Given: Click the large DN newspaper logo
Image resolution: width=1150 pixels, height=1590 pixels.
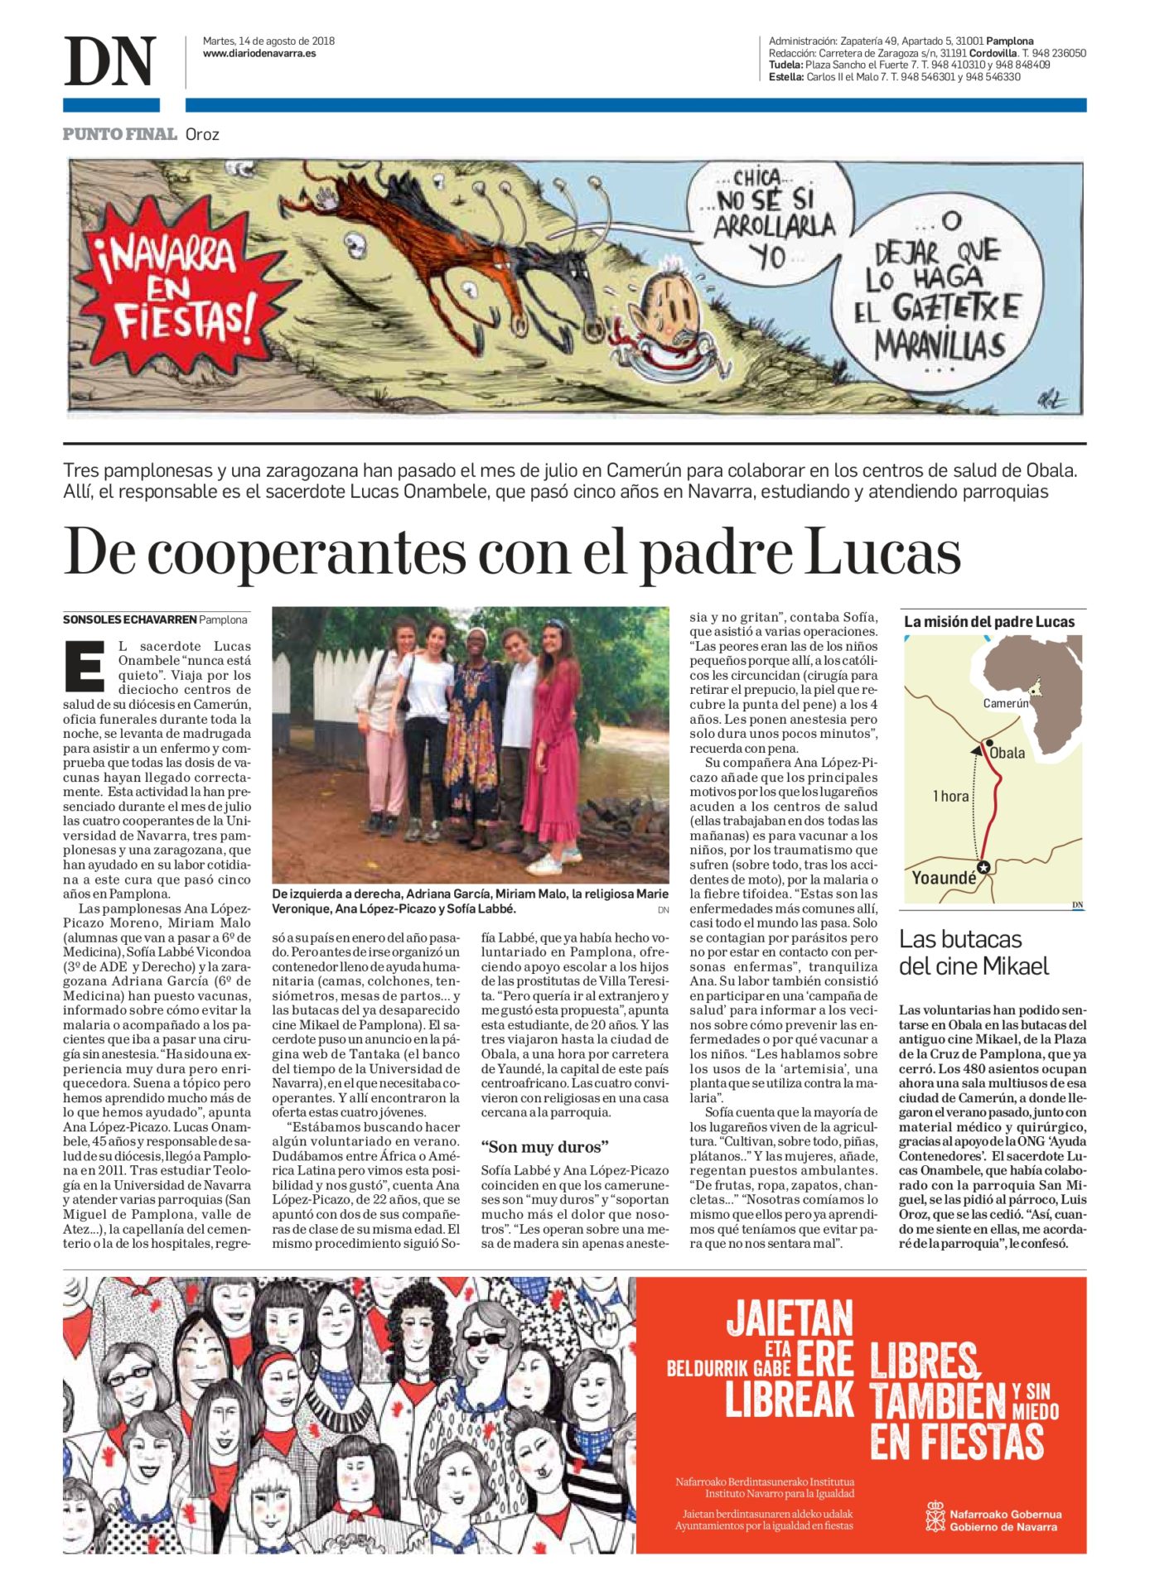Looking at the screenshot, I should click(x=109, y=61).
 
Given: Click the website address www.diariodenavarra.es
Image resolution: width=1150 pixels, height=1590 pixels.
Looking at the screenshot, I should click(x=259, y=54).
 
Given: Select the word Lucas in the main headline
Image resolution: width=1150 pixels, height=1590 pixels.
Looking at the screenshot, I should click(x=882, y=552).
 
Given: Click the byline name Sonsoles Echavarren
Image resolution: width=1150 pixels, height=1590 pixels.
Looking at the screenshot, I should click(x=130, y=619).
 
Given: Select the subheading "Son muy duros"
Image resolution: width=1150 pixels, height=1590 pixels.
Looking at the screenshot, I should click(x=545, y=1147).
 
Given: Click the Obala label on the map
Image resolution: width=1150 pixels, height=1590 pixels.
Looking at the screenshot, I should click(x=1007, y=753).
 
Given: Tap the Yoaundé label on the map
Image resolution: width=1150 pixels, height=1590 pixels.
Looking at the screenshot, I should click(x=943, y=878).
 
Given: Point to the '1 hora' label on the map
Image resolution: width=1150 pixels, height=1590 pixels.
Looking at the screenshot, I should click(x=949, y=797).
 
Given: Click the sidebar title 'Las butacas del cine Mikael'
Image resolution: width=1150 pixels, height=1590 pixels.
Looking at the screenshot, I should click(x=974, y=952).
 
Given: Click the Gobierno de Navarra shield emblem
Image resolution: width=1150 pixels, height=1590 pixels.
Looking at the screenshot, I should click(x=935, y=1516).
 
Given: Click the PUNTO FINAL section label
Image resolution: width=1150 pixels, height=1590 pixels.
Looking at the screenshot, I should click(x=120, y=134).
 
